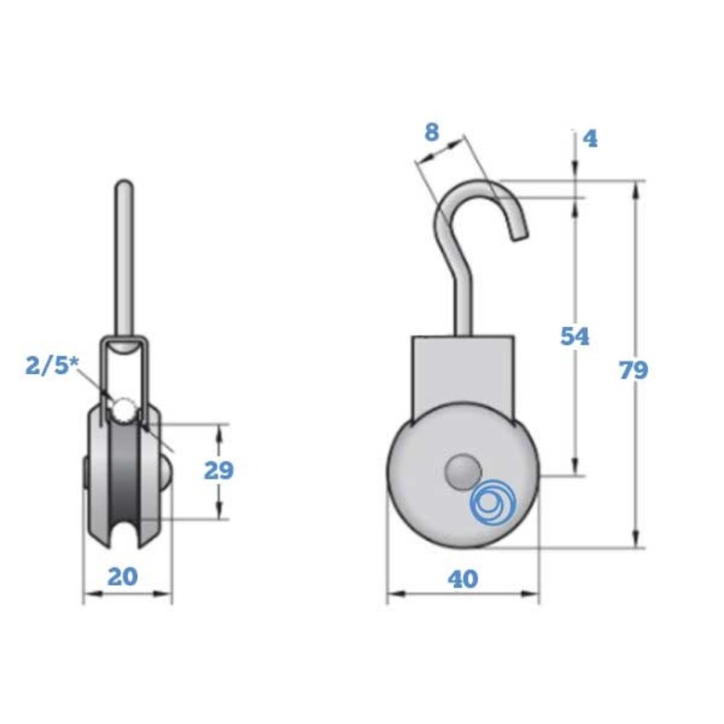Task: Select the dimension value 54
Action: [574, 336]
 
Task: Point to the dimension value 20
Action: [124, 577]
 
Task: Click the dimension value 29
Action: [219, 470]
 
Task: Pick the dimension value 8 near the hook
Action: [431, 132]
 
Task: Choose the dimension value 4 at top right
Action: [590, 138]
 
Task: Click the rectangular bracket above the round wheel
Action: [463, 375]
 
